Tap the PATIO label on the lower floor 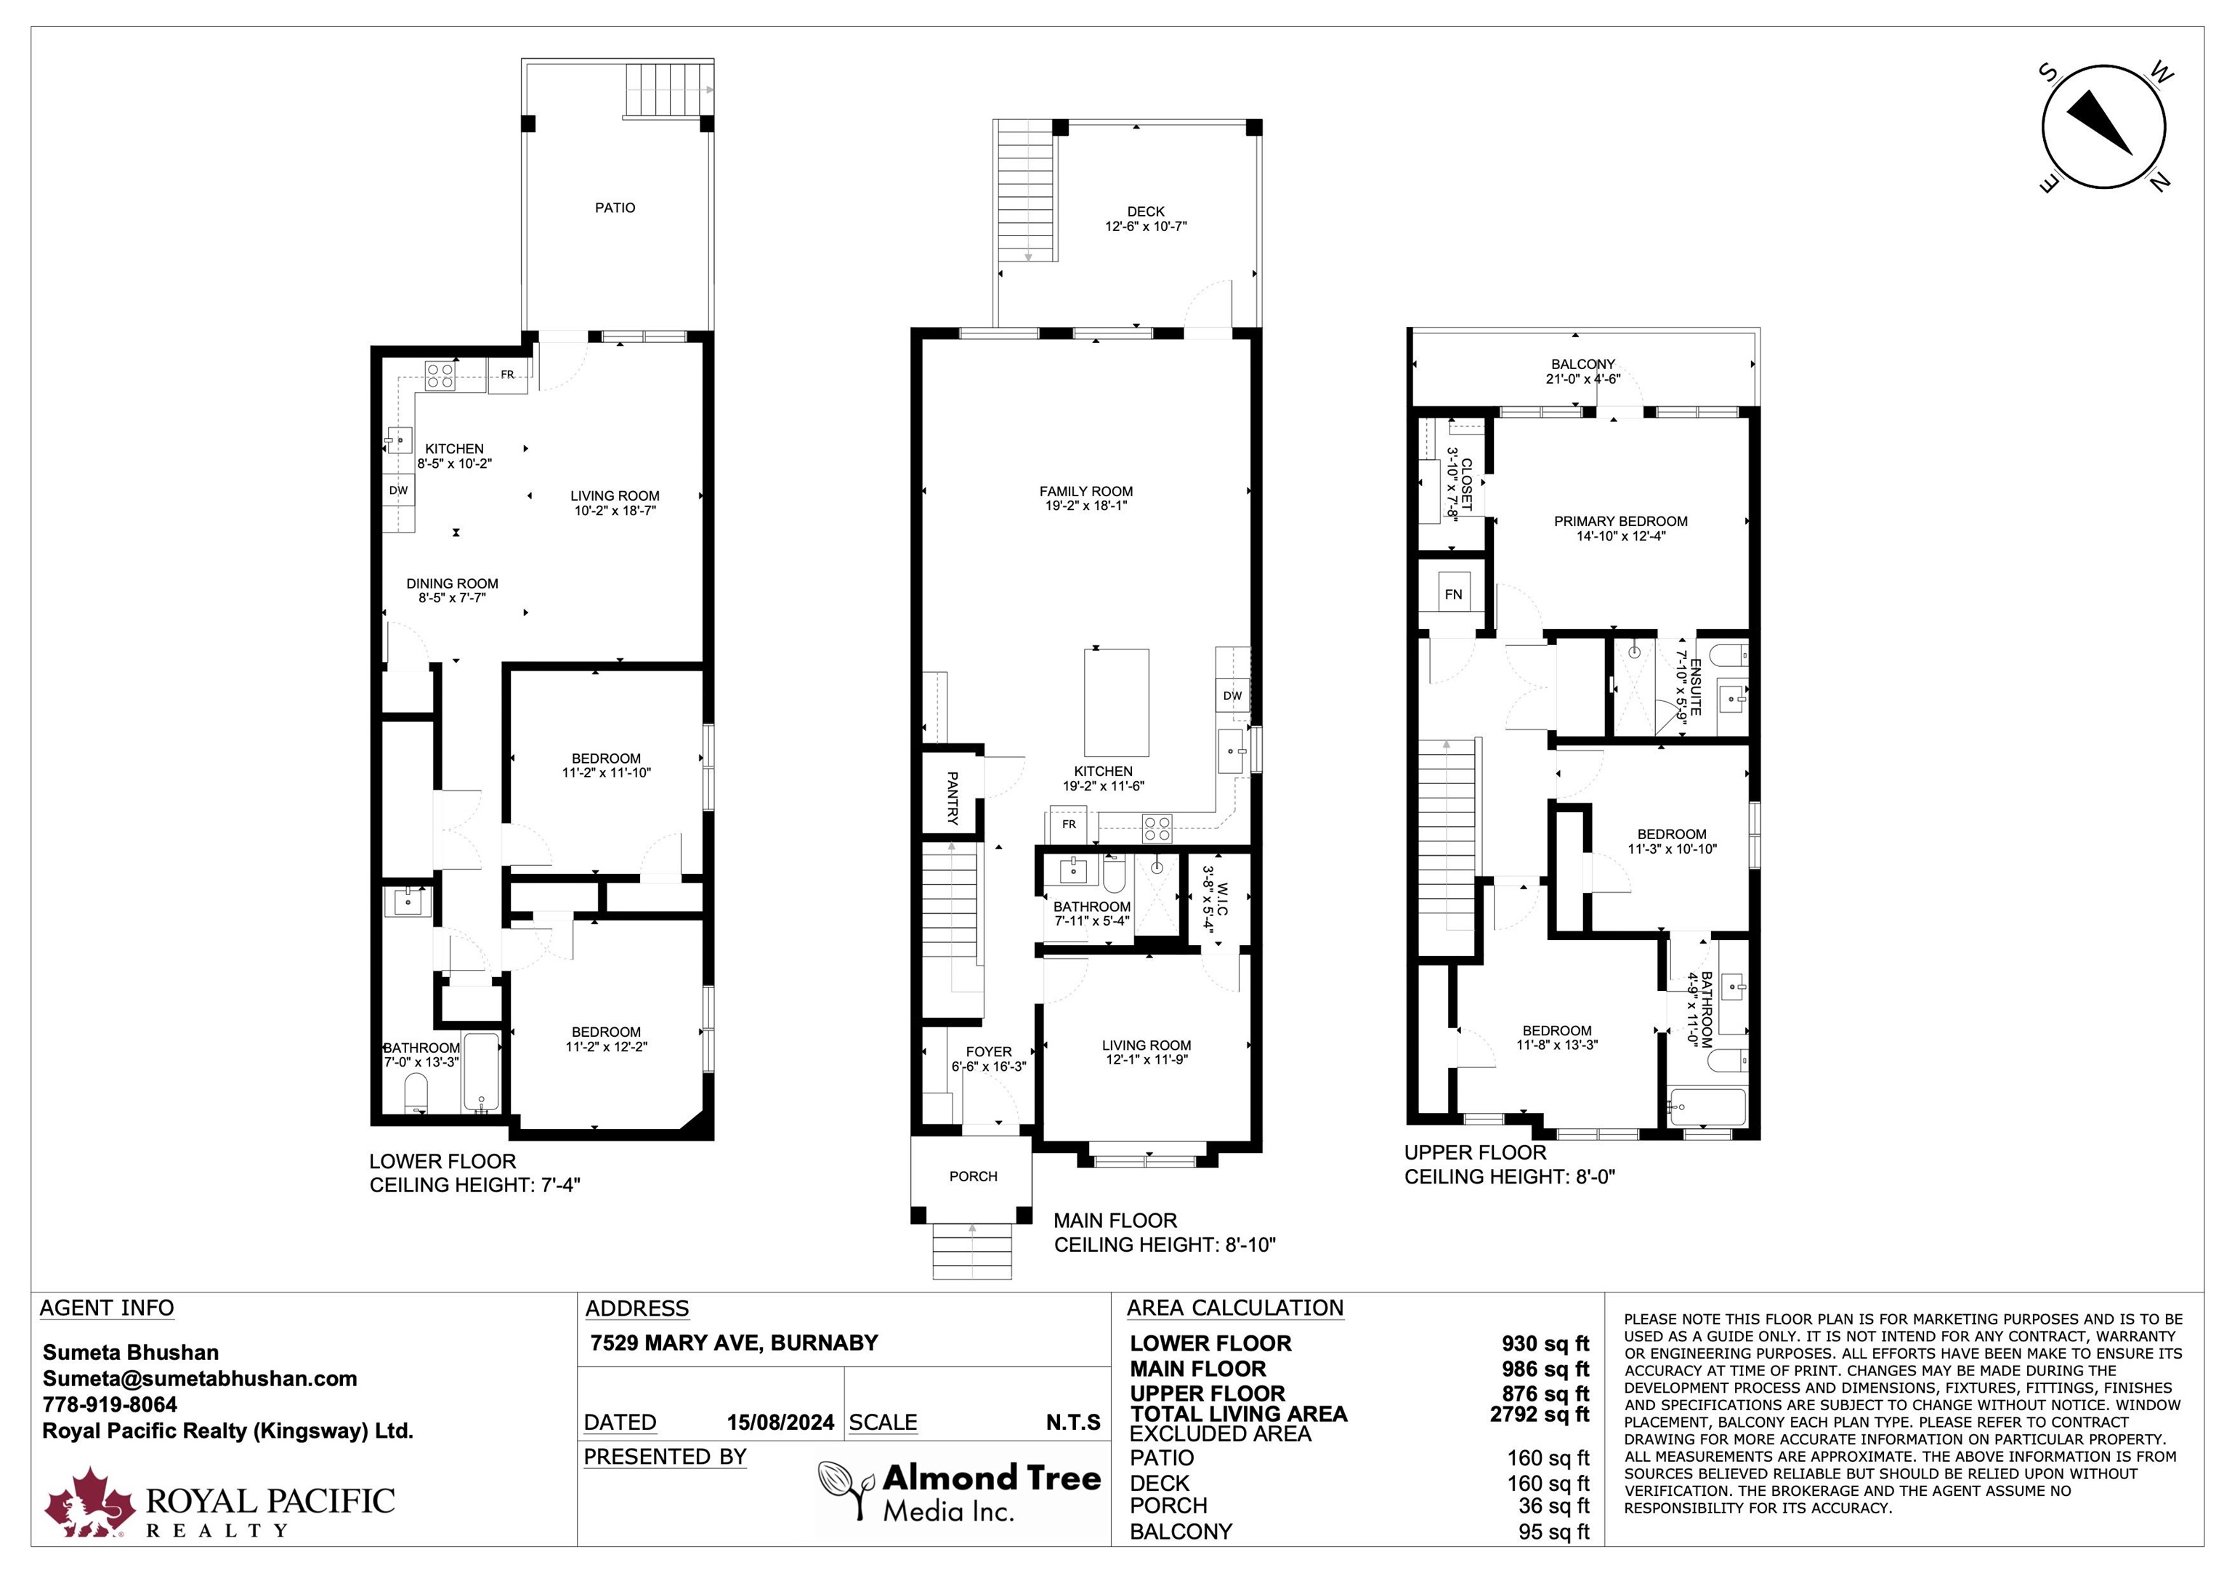(615, 208)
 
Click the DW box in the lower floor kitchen (399, 490)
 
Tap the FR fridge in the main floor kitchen (1069, 825)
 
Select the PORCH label (973, 1176)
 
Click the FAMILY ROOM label (1086, 492)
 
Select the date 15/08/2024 (780, 1423)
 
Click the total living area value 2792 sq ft (1540, 1414)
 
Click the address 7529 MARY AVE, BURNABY (734, 1343)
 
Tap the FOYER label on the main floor (989, 1052)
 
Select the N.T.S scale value (1073, 1423)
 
